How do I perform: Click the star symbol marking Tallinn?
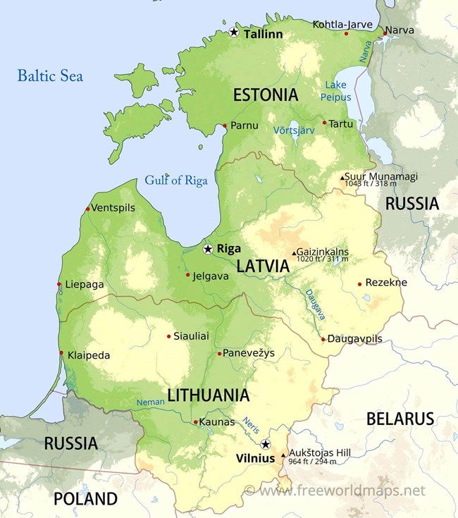(234, 32)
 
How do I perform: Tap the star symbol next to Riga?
(208, 249)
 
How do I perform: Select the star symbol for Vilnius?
(265, 444)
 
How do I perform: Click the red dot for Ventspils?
(87, 209)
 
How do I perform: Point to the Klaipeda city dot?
(62, 353)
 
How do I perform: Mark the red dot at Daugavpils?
(323, 340)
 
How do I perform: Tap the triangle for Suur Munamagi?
(342, 178)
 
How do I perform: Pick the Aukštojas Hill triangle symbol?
(284, 455)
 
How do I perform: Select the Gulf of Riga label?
(176, 180)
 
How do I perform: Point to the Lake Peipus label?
(336, 91)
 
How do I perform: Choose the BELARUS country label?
(400, 419)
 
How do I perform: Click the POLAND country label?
(85, 499)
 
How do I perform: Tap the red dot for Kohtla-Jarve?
(346, 33)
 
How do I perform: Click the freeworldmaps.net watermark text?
(335, 490)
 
